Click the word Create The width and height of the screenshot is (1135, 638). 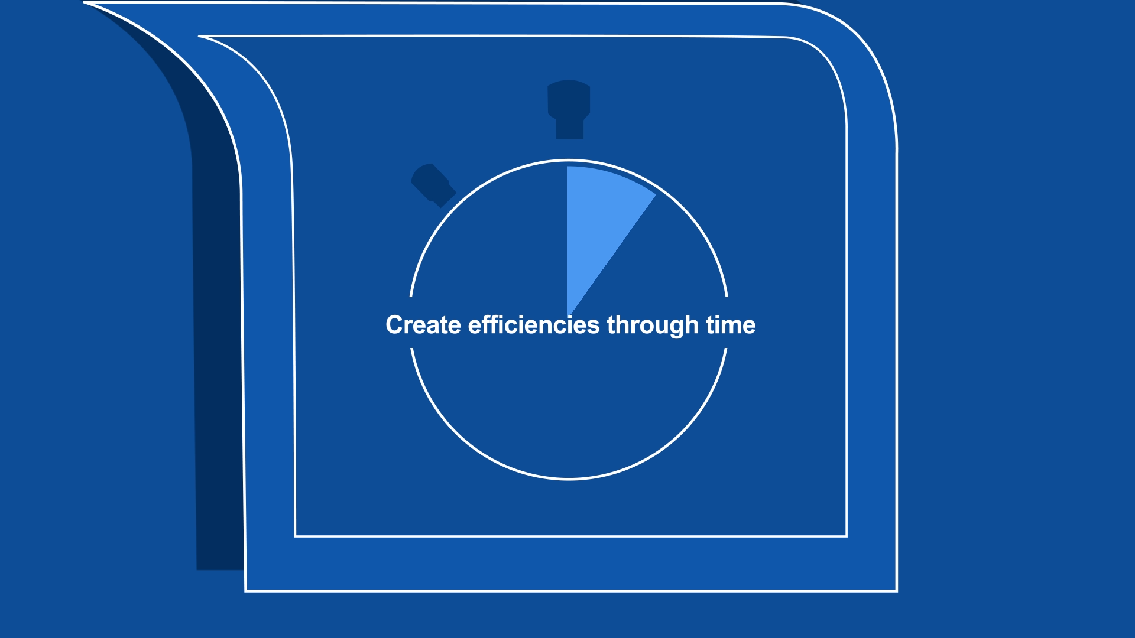click(423, 325)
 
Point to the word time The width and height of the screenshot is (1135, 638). click(731, 325)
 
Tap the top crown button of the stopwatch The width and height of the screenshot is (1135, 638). click(569, 99)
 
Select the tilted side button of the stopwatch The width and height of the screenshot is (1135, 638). click(433, 185)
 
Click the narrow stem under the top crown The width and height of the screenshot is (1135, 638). click(569, 129)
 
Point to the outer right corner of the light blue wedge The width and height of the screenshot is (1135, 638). click(656, 194)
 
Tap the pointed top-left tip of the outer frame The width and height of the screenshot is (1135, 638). click(84, 3)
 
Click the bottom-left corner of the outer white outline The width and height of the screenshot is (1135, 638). click(246, 590)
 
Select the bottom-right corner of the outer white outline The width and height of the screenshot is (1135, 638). click(897, 590)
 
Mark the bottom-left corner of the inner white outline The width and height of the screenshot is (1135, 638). click(296, 536)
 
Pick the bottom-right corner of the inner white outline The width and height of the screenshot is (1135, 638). click(847, 536)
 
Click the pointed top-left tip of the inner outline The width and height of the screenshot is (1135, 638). click(199, 36)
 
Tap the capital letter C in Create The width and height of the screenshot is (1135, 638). click(394, 325)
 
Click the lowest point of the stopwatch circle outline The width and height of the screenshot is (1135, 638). click(569, 479)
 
